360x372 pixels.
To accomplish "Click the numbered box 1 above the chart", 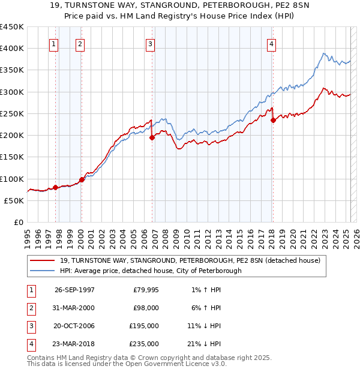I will pyautogui.click(x=54, y=43).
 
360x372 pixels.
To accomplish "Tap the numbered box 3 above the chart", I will pyautogui.click(x=150, y=43).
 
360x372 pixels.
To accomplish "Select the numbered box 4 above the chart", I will pyautogui.click(x=271, y=43).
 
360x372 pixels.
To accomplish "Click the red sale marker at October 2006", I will pyautogui.click(x=152, y=137).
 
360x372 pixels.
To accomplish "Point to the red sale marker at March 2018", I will pyautogui.click(x=273, y=120).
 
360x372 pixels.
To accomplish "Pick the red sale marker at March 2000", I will pyautogui.click(x=82, y=179).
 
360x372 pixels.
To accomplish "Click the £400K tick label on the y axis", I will pyautogui.click(x=12, y=49).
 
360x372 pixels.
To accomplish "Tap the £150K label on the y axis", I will pyautogui.click(x=12, y=157).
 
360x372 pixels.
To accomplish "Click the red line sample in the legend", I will pyautogui.click(x=43, y=261).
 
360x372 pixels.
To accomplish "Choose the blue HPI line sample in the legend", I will pyautogui.click(x=43, y=271).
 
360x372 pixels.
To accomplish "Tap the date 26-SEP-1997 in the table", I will pyautogui.click(x=74, y=290).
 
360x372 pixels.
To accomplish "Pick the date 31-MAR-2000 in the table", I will pyautogui.click(x=74, y=308).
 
